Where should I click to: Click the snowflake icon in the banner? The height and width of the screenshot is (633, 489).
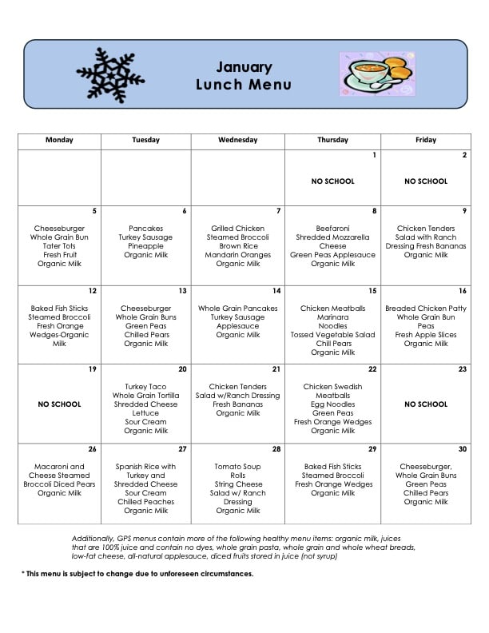(110, 74)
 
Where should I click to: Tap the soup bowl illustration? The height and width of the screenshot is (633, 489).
(375, 74)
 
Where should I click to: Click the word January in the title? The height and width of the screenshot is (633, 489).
(244, 67)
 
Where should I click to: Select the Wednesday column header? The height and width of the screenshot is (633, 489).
(237, 140)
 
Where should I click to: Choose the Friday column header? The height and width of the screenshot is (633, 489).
(426, 140)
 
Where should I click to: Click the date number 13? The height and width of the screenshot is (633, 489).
(183, 291)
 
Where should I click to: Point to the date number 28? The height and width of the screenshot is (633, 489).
(276, 449)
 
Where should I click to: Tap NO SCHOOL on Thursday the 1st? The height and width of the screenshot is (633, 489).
(332, 181)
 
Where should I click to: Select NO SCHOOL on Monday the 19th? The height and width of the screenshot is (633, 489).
(59, 404)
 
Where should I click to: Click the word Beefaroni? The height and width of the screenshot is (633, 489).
(332, 229)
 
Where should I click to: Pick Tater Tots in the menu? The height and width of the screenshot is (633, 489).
(59, 246)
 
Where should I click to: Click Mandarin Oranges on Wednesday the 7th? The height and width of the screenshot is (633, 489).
(237, 255)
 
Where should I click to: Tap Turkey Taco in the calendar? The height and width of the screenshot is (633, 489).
(145, 387)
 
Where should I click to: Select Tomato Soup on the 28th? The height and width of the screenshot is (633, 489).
(237, 467)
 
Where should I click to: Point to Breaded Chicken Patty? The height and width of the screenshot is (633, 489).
(426, 309)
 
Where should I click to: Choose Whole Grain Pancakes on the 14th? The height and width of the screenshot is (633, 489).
(237, 309)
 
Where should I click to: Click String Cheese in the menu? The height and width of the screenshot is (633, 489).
(237, 484)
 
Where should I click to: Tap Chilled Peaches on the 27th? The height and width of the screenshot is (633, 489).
(145, 502)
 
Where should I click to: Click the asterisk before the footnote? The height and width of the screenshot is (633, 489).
(22, 574)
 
